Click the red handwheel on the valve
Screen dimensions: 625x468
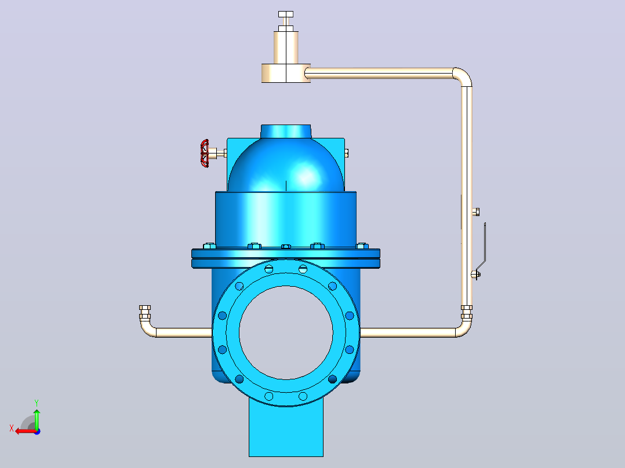coord(205,153)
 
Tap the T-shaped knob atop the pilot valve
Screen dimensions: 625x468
coord(286,14)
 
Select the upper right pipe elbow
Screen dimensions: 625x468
coord(463,77)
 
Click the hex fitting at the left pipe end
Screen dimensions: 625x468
coord(145,312)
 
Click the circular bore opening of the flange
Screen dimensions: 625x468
coord(286,332)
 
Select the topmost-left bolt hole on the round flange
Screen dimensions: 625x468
coord(269,269)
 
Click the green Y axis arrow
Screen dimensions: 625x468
coord(37,419)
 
